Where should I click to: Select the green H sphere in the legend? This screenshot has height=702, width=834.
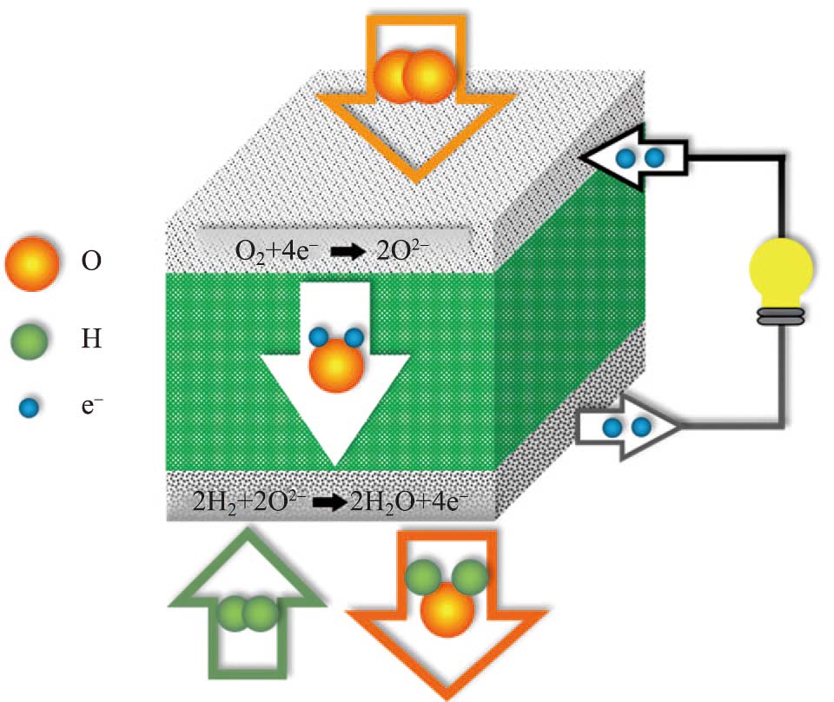click(x=32, y=337)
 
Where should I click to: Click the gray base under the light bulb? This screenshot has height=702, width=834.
click(x=781, y=318)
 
